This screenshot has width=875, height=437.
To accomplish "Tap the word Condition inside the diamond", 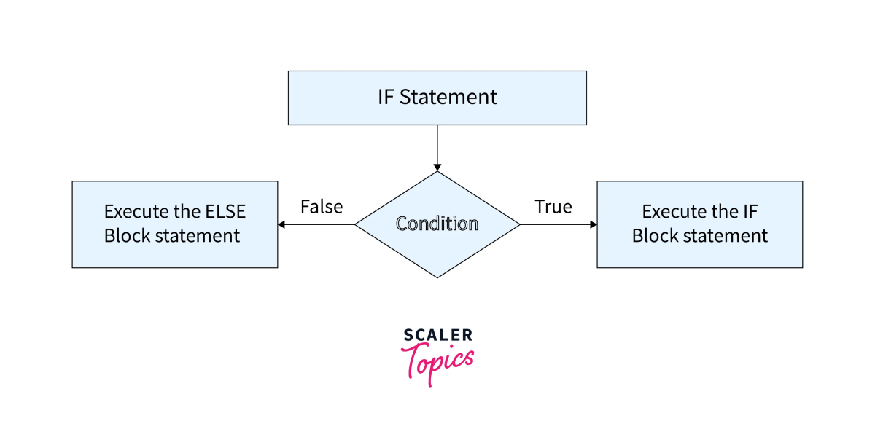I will coord(437,224).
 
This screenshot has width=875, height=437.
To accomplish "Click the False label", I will coord(322,207).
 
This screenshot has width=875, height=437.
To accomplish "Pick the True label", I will coord(553,207).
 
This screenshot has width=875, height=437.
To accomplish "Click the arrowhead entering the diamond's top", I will coord(437,167).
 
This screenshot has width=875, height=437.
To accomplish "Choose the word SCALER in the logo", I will coord(437,335).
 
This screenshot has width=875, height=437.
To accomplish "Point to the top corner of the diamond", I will coord(437,173).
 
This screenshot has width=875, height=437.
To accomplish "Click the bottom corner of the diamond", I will coord(437,277).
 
